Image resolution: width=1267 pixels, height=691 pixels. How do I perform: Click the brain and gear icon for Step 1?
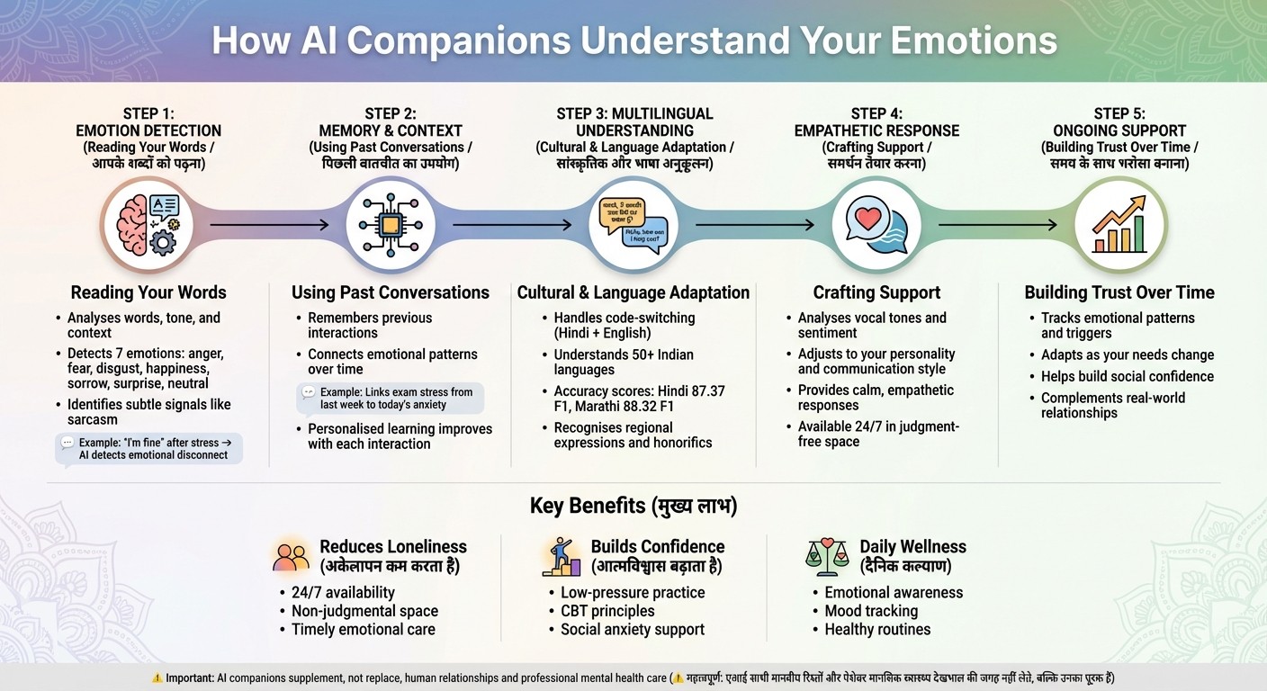(x=148, y=224)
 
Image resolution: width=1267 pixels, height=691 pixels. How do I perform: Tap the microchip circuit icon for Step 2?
(x=391, y=224)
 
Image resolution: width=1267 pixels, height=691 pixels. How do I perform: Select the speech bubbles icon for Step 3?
(x=633, y=224)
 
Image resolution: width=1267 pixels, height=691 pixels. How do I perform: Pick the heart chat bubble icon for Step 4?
(x=876, y=224)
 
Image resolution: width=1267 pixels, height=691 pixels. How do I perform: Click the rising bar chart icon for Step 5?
(x=1119, y=224)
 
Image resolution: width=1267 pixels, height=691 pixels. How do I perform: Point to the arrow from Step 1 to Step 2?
(x=269, y=224)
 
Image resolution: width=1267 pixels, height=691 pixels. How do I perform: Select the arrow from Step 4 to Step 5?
(x=997, y=224)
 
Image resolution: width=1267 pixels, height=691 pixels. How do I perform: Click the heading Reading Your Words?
(x=148, y=292)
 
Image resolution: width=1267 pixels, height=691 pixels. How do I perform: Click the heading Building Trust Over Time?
(x=1119, y=292)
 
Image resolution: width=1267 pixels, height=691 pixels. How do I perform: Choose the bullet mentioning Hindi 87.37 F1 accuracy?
(x=639, y=399)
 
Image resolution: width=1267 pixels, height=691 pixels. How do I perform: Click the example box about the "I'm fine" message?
(x=149, y=448)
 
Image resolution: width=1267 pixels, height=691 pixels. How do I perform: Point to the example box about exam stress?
(x=391, y=399)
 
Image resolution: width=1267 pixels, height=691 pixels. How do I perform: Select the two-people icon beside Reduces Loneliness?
(x=291, y=557)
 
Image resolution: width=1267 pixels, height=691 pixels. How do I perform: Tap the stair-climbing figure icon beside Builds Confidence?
(x=561, y=557)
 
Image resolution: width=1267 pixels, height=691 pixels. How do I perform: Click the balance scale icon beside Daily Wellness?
(x=826, y=557)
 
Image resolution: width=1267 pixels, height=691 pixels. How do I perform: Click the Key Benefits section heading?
(x=633, y=507)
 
